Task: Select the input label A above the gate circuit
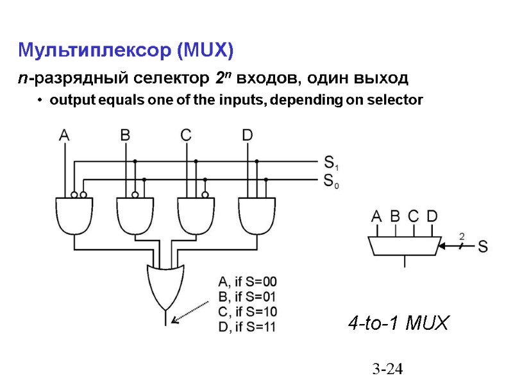(65, 135)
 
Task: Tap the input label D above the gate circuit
(248, 135)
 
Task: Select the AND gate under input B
(135, 215)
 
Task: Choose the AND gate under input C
(196, 215)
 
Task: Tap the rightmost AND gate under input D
(256, 215)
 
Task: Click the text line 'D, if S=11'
(247, 327)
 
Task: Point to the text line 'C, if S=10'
(248, 312)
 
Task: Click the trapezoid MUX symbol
(404, 244)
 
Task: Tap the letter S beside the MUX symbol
(484, 246)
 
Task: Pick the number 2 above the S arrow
(461, 237)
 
